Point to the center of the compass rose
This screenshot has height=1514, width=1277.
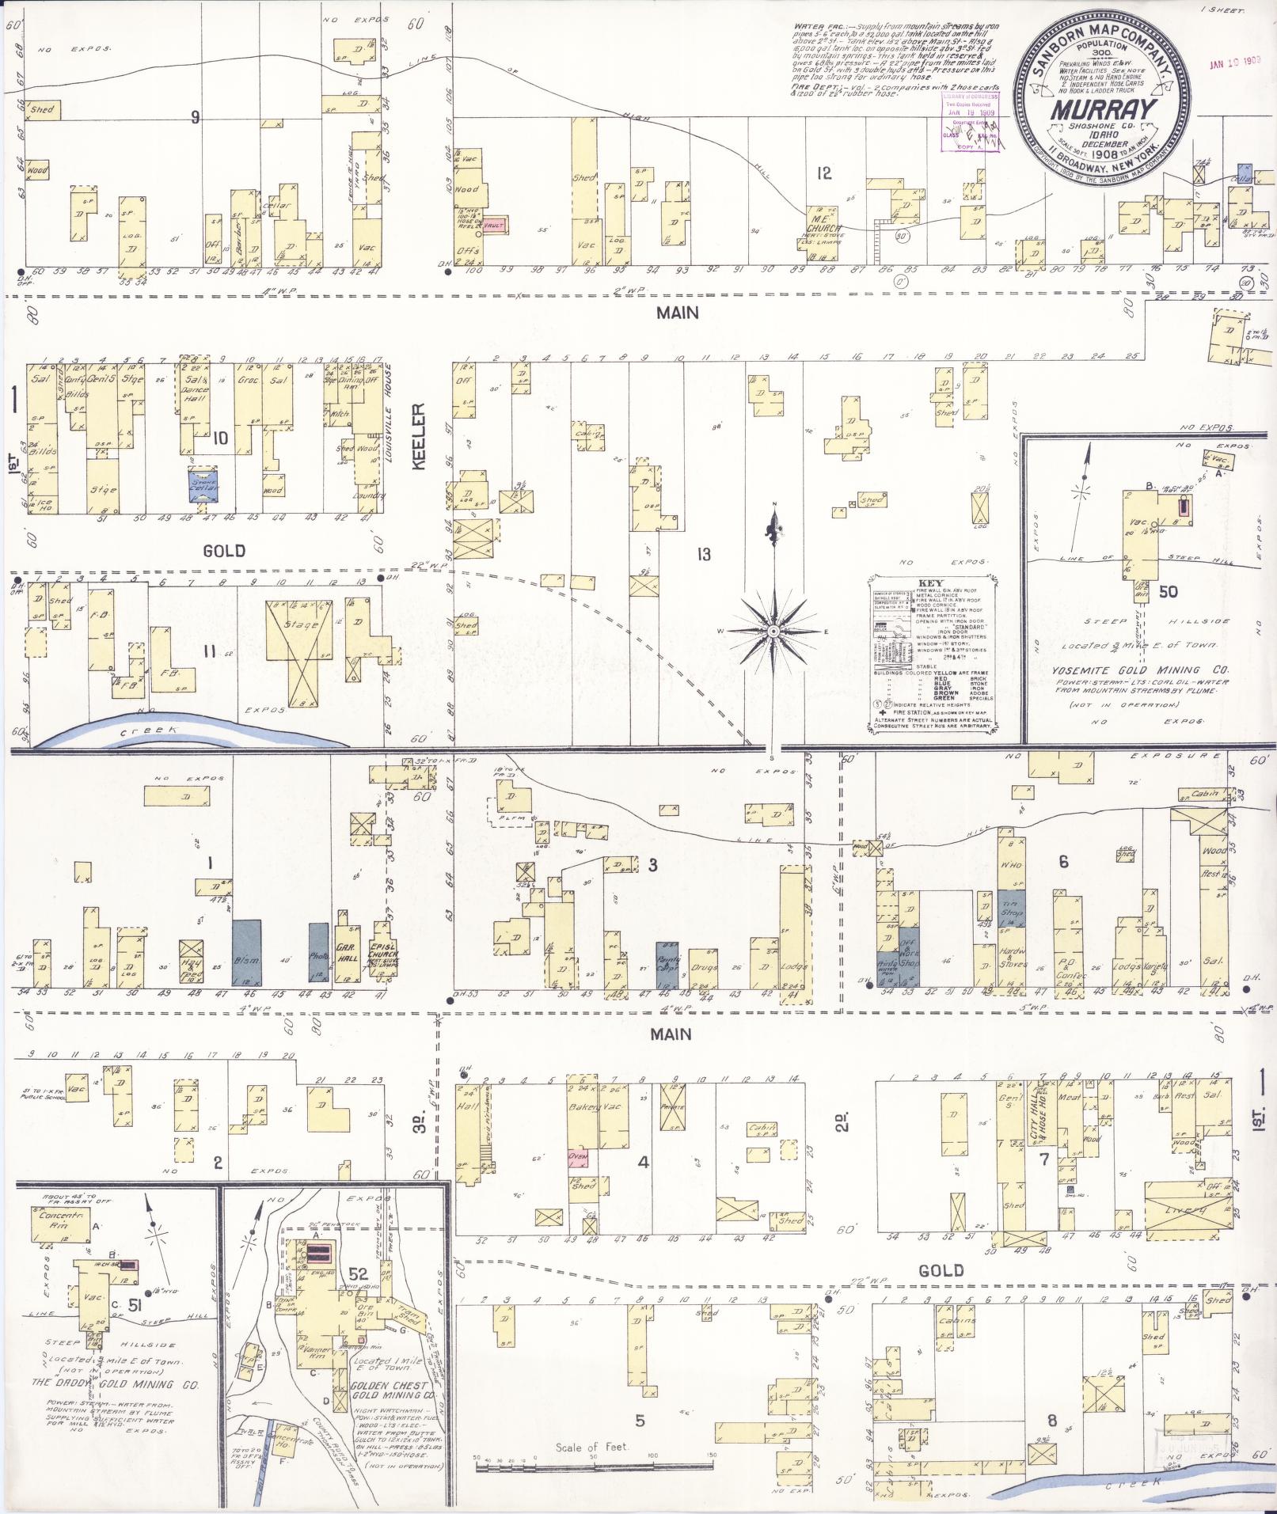tap(771, 631)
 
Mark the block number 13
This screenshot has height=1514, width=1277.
tap(703, 554)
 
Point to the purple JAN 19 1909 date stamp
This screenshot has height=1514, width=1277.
tap(1234, 62)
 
